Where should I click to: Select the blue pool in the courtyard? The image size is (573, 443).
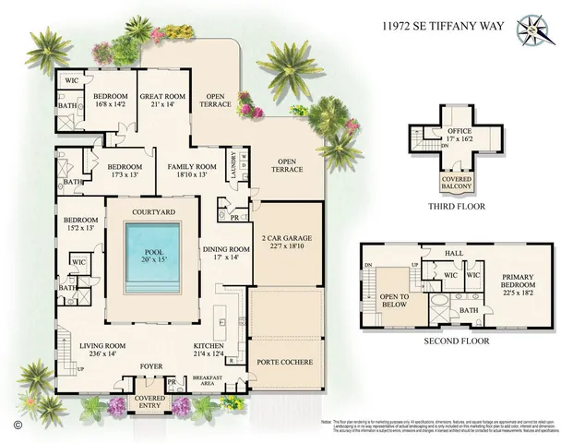[152, 262]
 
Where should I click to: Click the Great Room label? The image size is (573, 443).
[163, 100]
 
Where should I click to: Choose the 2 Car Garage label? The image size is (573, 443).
[287, 242]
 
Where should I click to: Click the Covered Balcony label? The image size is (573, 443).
[455, 186]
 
